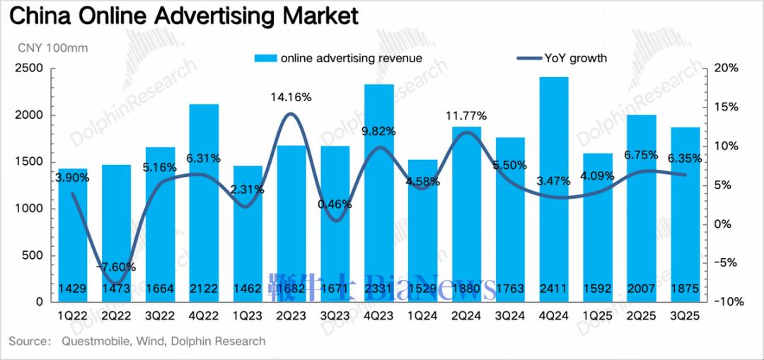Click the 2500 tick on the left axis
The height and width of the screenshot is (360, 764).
coord(30,69)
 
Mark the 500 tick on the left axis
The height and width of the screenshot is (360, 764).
coord(33,255)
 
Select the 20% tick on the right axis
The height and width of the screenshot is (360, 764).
coord(727,69)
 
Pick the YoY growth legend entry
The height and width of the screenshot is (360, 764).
coord(573,58)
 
